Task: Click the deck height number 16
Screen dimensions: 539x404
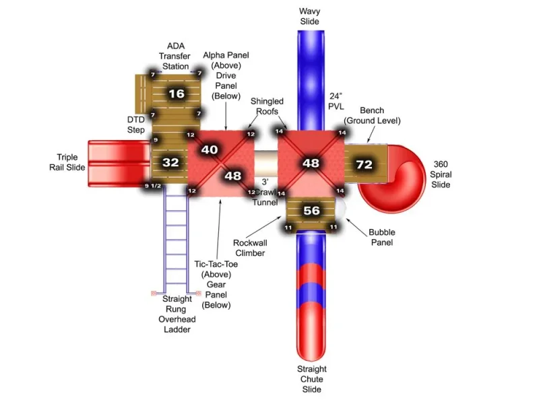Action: [177, 94]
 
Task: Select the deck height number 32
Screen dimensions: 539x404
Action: [170, 162]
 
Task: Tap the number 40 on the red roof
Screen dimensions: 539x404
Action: [210, 149]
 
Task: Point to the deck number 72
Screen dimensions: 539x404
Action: [364, 164]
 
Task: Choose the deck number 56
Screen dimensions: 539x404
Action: [311, 211]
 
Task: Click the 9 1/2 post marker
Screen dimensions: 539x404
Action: [153, 186]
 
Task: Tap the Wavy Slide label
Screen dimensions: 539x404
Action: [309, 16]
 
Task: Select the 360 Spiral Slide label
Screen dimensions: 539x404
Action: [441, 174]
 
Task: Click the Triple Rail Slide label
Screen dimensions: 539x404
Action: [67, 162]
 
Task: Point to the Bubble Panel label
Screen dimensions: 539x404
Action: [382, 237]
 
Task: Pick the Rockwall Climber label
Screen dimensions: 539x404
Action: [250, 248]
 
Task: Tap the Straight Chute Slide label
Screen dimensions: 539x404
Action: [312, 379]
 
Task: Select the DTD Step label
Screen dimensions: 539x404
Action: [136, 125]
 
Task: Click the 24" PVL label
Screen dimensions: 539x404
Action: [336, 102]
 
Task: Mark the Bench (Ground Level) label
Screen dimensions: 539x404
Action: [372, 115]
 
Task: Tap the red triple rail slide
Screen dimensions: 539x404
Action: [119, 164]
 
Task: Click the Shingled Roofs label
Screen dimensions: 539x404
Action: [267, 106]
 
